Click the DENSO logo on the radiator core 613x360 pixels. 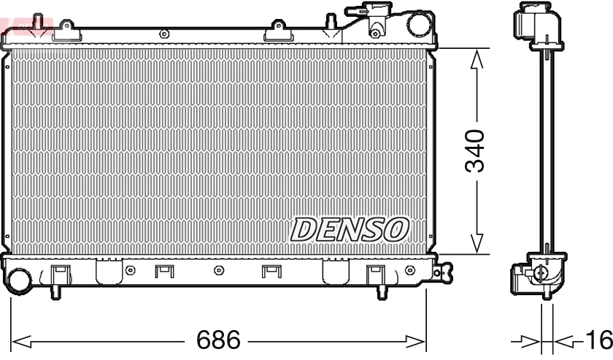tap(350, 230)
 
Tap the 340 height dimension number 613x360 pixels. tap(476, 151)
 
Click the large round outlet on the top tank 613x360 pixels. tap(420, 24)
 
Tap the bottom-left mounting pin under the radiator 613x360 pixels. tap(55, 292)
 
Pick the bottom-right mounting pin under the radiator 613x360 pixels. tap(381, 292)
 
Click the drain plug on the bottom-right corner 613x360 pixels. tap(437, 273)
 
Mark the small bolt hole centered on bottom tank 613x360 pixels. tap(218, 271)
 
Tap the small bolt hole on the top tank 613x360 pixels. tap(163, 33)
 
